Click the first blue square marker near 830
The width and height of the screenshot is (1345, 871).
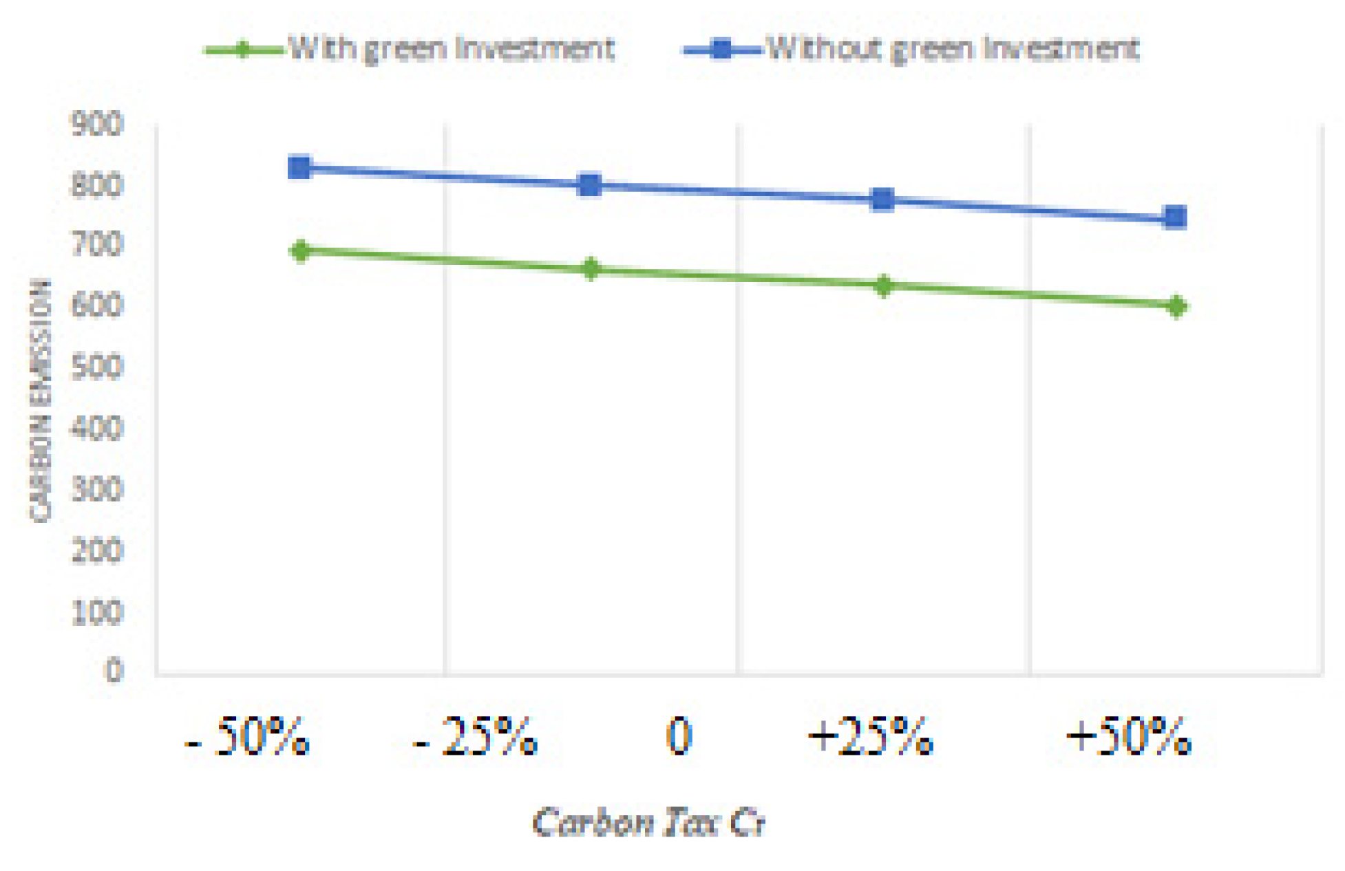coord(299,167)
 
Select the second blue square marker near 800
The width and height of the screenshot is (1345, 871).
coord(590,185)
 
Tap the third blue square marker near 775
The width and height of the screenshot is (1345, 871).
coord(882,200)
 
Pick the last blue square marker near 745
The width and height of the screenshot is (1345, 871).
coord(1175,218)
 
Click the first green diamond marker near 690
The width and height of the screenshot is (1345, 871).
coord(300,251)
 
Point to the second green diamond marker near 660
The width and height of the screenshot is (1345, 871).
coord(591,269)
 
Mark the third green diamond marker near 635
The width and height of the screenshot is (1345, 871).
coord(884,286)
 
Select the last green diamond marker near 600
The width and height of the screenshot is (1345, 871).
coord(1177,306)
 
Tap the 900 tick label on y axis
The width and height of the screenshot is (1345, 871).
coord(97,125)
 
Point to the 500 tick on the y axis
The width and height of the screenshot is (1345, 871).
coord(97,367)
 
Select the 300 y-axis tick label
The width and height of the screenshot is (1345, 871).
coord(97,489)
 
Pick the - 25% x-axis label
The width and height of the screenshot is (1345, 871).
coord(476,737)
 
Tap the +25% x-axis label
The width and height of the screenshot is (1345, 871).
coord(871,737)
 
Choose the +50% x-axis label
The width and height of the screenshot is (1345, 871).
coord(1129,737)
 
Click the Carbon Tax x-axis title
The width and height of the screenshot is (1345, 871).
coord(648,822)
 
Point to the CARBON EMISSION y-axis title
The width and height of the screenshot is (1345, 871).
coord(40,400)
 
